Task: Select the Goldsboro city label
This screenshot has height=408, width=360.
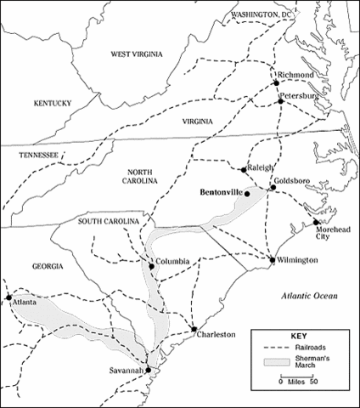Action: pyautogui.click(x=287, y=183)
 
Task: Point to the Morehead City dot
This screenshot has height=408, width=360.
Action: pyautogui.click(x=316, y=222)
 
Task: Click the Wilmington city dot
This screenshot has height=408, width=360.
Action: pyautogui.click(x=272, y=259)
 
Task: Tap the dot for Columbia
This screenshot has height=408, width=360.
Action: pyautogui.click(x=152, y=266)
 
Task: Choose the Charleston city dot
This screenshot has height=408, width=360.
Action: pyautogui.click(x=194, y=328)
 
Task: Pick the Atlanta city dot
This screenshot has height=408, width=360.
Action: pyautogui.click(x=8, y=298)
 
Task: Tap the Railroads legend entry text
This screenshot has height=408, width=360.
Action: pyautogui.click(x=301, y=348)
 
